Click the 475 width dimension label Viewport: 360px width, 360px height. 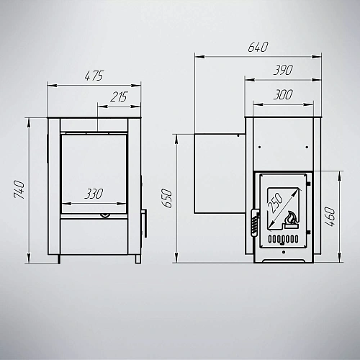(x=94, y=76)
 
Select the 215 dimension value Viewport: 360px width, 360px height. (x=119, y=96)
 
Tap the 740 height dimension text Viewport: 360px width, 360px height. (x=19, y=189)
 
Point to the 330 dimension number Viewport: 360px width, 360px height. (x=94, y=194)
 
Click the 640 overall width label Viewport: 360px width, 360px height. (x=258, y=47)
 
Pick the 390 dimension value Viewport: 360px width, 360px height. (x=283, y=70)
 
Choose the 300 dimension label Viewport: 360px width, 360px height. (x=283, y=94)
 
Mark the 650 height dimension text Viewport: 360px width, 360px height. (x=167, y=198)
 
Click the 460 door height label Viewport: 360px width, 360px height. (x=330, y=217)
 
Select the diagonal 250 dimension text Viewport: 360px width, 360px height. (x=275, y=203)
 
